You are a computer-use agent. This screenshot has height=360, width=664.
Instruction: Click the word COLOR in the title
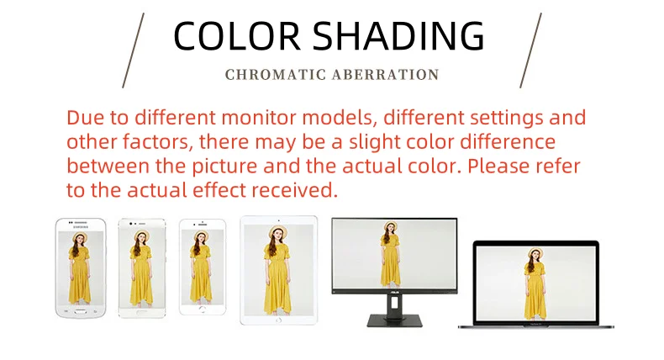(x=237, y=35)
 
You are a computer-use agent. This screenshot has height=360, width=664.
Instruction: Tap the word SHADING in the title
(x=398, y=35)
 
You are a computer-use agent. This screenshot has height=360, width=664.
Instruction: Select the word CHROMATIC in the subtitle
(x=275, y=75)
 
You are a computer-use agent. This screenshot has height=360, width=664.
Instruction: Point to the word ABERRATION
(x=385, y=75)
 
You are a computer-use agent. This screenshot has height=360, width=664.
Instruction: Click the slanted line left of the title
(x=134, y=50)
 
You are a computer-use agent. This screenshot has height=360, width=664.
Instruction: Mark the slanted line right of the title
(x=530, y=50)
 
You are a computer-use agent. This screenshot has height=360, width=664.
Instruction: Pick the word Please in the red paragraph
(x=498, y=166)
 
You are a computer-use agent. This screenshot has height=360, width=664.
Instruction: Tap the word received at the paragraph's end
(x=295, y=190)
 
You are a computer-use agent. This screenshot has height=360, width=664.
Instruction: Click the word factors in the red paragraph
(x=157, y=141)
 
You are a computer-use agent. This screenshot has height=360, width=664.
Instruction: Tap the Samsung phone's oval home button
(x=81, y=312)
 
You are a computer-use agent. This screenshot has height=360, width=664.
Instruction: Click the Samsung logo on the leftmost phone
(x=81, y=227)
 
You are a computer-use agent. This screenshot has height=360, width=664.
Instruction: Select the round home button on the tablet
(x=278, y=320)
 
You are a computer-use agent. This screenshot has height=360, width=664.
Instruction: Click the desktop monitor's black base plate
(x=394, y=320)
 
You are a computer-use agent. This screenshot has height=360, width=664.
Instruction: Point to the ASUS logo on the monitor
(x=394, y=293)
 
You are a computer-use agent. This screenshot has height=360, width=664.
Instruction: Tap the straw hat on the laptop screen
(x=535, y=251)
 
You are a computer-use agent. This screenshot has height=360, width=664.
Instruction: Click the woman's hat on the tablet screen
(x=278, y=231)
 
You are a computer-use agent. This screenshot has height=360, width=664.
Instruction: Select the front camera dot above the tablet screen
(x=279, y=220)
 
